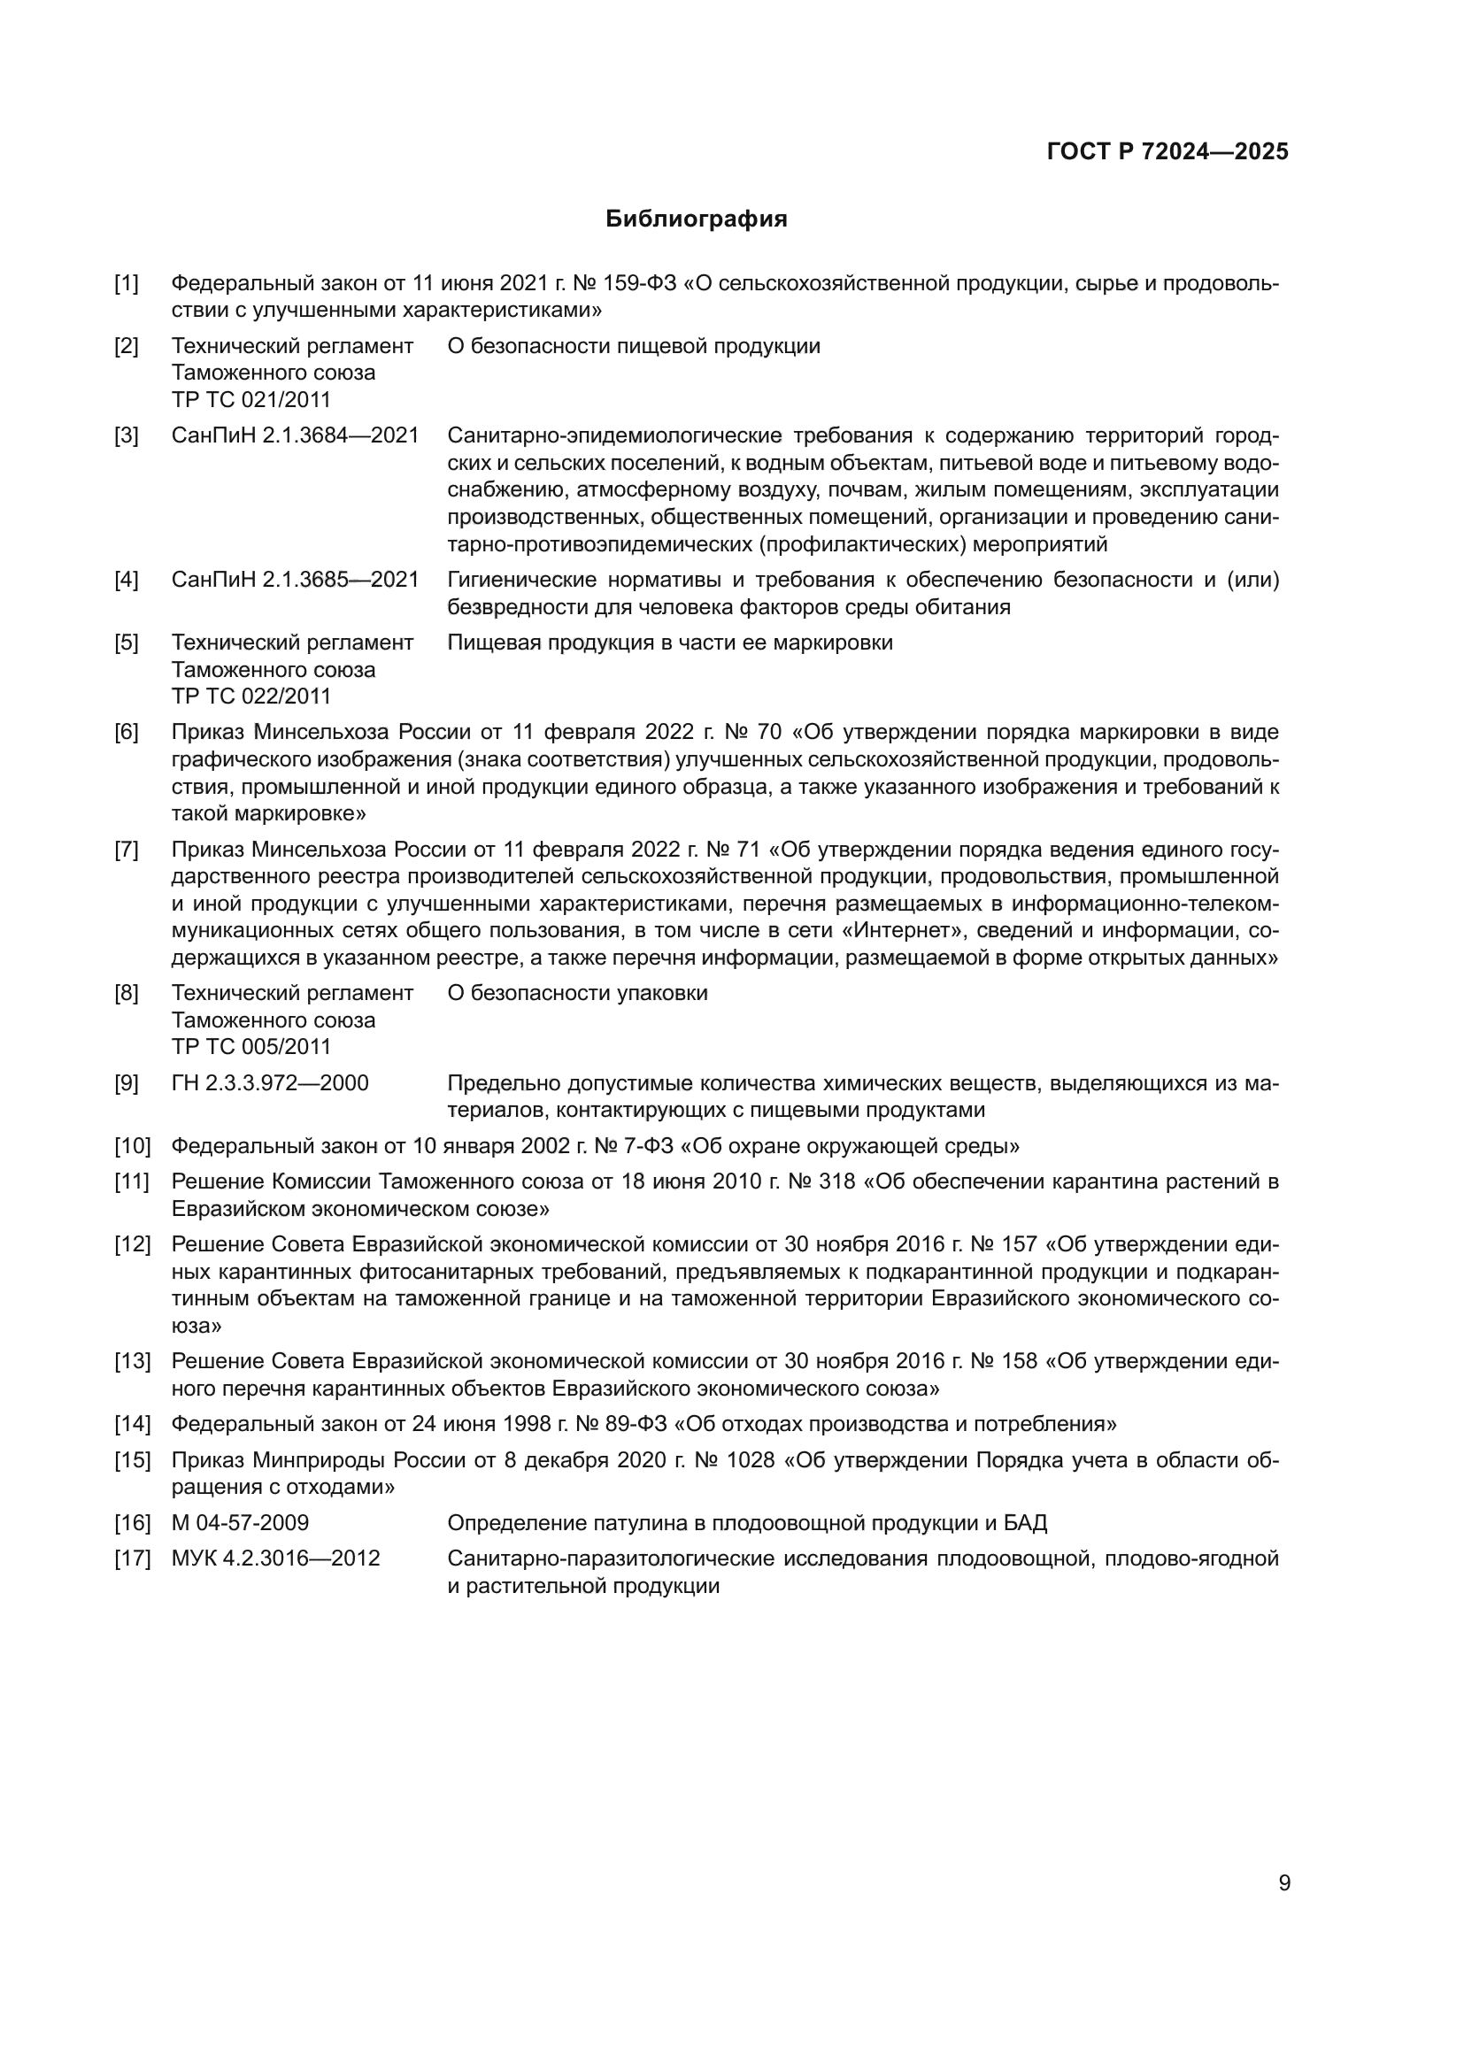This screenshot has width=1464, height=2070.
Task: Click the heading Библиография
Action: (696, 219)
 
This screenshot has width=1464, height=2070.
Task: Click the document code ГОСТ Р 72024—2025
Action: (1167, 151)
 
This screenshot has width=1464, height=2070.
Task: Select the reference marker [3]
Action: (127, 435)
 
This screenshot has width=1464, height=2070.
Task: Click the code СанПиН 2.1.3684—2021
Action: (295, 435)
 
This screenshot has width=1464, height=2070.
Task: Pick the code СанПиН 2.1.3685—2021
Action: (295, 580)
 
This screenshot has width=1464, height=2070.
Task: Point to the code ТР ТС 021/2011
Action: (251, 399)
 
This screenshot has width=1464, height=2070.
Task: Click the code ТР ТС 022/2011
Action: (251, 696)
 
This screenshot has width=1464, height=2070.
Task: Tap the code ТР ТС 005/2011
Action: (251, 1047)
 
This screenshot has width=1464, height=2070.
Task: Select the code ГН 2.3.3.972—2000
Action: (270, 1082)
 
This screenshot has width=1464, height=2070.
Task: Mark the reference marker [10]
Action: (132, 1146)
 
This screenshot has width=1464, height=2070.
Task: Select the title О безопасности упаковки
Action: (577, 994)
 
